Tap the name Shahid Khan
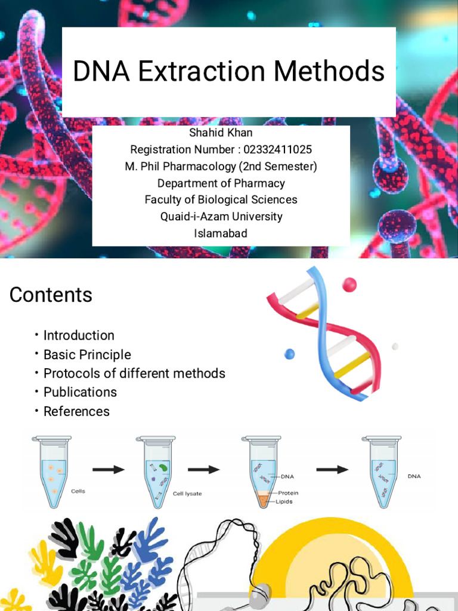(221, 133)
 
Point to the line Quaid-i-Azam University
(221, 216)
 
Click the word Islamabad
(221, 233)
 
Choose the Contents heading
(51, 295)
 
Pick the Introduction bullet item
(79, 335)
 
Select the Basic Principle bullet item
(87, 354)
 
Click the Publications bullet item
(80, 392)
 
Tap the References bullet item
(76, 411)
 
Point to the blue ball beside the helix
(289, 354)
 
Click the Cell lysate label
(187, 494)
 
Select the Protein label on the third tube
(289, 493)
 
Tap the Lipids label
(284, 502)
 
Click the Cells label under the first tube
(78, 491)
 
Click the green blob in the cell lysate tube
(165, 465)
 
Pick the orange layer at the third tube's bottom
(264, 499)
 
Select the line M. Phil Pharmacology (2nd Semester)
(221, 166)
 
